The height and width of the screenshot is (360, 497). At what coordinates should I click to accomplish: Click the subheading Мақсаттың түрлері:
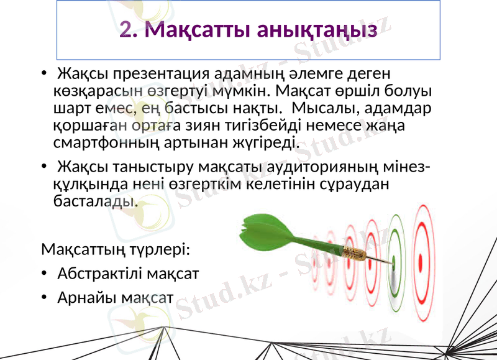(x=116, y=250)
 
